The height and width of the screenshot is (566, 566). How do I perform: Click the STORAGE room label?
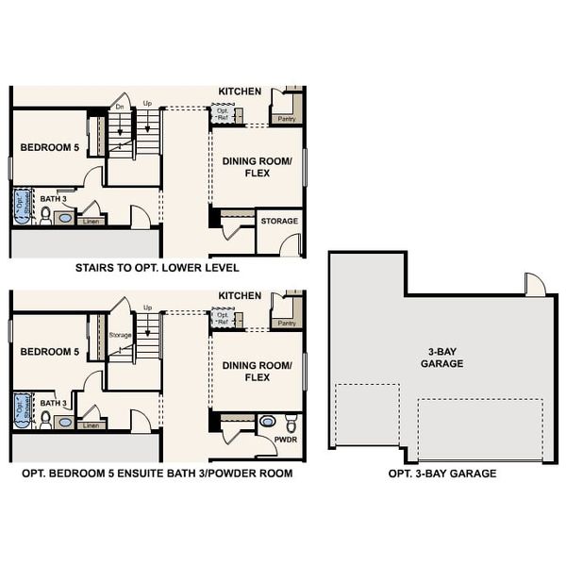[x=279, y=222]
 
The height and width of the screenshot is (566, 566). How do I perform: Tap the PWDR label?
[x=285, y=440]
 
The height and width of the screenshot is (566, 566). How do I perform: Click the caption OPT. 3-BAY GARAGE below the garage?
[x=441, y=474]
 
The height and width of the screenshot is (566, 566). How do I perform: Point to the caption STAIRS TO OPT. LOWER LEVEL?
[x=158, y=269]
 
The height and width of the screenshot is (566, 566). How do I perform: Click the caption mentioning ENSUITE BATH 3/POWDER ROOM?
[x=157, y=473]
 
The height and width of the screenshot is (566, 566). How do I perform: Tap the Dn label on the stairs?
[x=120, y=107]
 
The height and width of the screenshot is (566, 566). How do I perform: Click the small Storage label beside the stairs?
[x=120, y=334]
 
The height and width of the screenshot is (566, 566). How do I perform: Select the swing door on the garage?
[x=535, y=284]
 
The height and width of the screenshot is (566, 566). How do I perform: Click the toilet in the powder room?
[x=291, y=421]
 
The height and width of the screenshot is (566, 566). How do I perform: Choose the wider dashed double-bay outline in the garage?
[x=480, y=429]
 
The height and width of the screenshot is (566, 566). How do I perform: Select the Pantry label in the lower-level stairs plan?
[x=286, y=120]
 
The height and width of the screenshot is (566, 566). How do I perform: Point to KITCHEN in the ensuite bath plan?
[x=240, y=295]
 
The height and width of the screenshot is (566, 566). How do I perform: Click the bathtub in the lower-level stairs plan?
[x=21, y=206]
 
